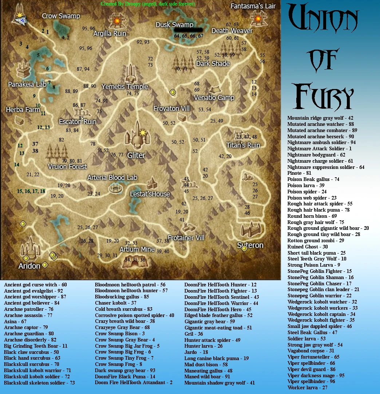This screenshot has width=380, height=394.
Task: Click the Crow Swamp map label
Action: tap(61, 16)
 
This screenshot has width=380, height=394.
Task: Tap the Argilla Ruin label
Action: tap(110, 34)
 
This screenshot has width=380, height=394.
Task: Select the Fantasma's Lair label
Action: tap(253, 6)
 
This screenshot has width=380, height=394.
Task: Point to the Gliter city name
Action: tap(136, 155)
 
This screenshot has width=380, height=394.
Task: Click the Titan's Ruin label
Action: tap(243, 145)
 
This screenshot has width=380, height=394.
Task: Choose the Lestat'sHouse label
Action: tap(150, 194)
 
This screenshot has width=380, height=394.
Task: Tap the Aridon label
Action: tap(29, 266)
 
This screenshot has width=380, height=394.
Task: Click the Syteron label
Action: tap(250, 245)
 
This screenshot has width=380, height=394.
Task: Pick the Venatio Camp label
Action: tap(214, 98)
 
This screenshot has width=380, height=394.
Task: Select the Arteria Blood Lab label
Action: tap(112, 178)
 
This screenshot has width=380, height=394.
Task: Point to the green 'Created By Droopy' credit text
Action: tap(148, 4)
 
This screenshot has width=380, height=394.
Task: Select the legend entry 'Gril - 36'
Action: tap(194, 334)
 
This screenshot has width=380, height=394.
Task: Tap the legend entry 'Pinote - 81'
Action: tap(299, 173)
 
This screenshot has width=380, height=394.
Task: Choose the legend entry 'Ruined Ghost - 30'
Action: tap(308, 247)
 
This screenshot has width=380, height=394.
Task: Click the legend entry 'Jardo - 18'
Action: tap(196, 352)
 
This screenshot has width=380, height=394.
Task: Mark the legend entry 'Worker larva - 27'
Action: tap(308, 387)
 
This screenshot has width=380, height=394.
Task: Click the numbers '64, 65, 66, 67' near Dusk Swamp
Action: tap(189, 36)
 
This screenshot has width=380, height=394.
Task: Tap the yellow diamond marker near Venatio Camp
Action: tap(173, 93)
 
